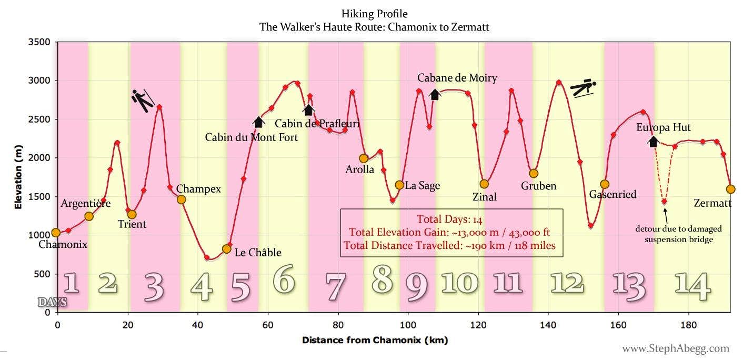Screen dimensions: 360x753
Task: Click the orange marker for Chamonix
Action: (56, 233)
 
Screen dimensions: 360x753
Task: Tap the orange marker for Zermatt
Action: (730, 189)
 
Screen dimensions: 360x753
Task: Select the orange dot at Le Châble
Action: (227, 248)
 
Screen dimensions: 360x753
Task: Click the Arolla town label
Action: (359, 169)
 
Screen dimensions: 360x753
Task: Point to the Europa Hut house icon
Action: (653, 141)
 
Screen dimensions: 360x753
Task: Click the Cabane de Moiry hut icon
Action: (435, 95)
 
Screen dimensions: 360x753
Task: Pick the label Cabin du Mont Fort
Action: (251, 138)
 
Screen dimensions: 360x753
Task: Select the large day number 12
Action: (567, 283)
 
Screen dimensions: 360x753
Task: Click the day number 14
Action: (692, 284)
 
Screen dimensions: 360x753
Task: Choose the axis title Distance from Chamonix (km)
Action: (375, 341)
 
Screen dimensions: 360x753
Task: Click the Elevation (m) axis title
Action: (18, 178)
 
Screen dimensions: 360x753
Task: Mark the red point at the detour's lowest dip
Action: (664, 202)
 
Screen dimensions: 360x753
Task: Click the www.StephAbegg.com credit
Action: (676, 348)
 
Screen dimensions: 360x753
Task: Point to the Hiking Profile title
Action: (374, 14)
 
